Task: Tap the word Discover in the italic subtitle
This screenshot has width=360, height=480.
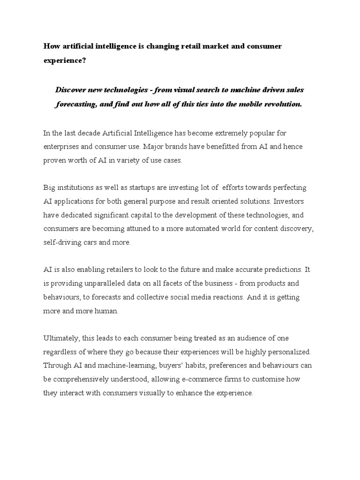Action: click(71, 89)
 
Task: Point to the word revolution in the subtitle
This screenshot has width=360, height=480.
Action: click(280, 104)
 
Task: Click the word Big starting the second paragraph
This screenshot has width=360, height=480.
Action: click(49, 187)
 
